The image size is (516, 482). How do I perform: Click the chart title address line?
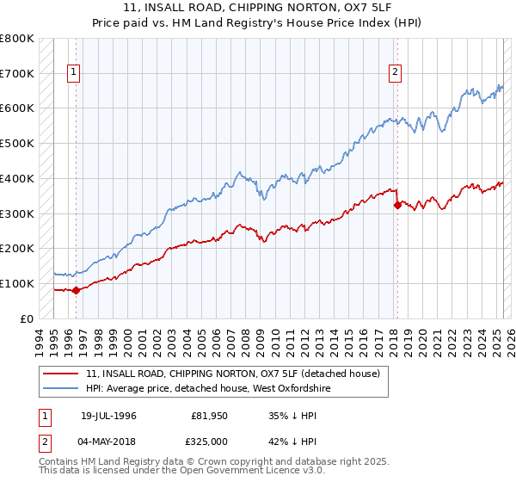point(258,9)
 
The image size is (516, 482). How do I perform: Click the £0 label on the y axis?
point(26,318)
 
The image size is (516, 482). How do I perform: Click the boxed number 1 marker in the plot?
point(75,73)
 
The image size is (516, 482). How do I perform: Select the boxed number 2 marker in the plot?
point(396,73)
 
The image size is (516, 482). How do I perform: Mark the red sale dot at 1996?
point(76,290)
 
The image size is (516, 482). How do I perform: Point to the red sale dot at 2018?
point(396,205)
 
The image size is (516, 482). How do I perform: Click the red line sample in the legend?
point(60,374)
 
